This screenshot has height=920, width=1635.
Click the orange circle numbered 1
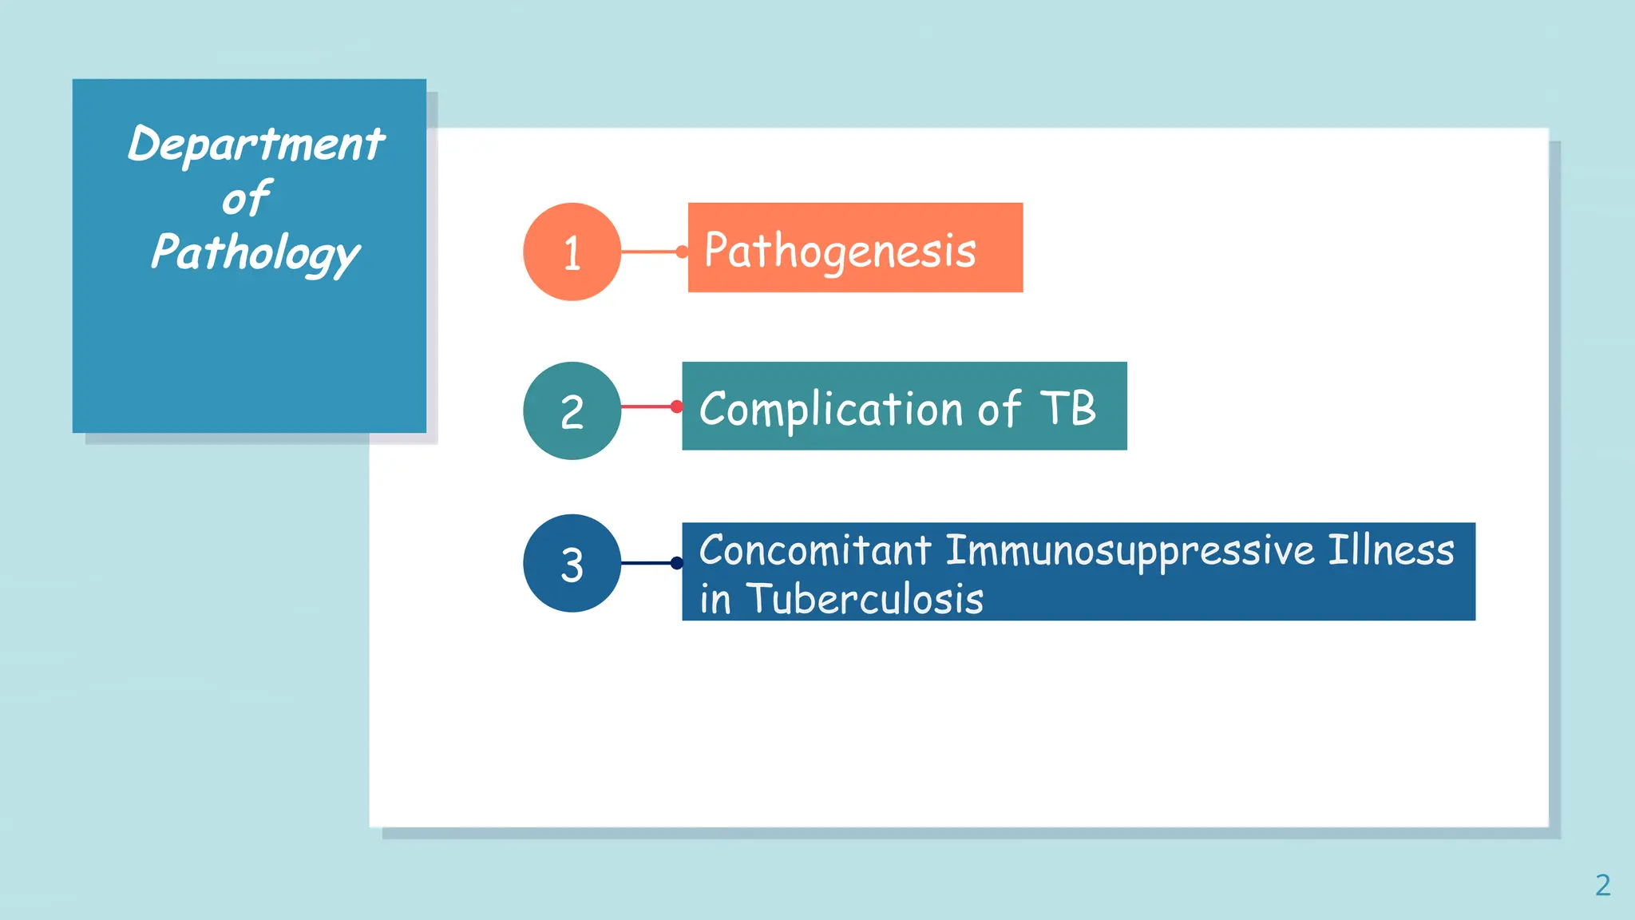click(572, 252)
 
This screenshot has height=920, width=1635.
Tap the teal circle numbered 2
click(572, 410)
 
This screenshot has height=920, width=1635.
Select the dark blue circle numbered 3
click(572, 563)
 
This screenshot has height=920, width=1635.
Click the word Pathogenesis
click(840, 251)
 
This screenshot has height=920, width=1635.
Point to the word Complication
click(831, 409)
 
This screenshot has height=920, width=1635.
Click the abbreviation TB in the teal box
click(1068, 408)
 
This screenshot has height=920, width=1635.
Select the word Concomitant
click(814, 551)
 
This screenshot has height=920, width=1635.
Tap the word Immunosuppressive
click(1130, 551)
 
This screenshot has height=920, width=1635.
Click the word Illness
click(1391, 551)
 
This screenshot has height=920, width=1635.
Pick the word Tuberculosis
click(865, 599)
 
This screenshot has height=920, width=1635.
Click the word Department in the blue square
click(256, 145)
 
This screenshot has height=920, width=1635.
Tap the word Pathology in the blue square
click(255, 253)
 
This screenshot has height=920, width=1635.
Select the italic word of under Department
click(247, 199)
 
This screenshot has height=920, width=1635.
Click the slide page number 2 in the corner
click(1602, 885)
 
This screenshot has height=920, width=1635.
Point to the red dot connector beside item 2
click(677, 406)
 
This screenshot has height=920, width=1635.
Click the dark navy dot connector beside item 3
click(677, 563)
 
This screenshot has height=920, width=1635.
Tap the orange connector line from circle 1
click(648, 252)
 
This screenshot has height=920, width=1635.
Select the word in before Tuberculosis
click(715, 600)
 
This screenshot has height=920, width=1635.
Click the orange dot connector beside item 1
click(681, 252)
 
